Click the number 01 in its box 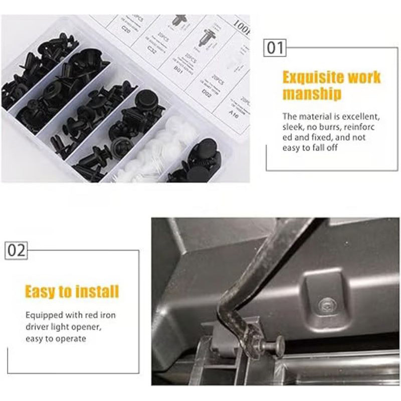click(275, 49)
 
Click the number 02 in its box click(16, 250)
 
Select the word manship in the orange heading click(311, 94)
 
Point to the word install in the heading click(95, 291)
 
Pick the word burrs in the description click(331, 127)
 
